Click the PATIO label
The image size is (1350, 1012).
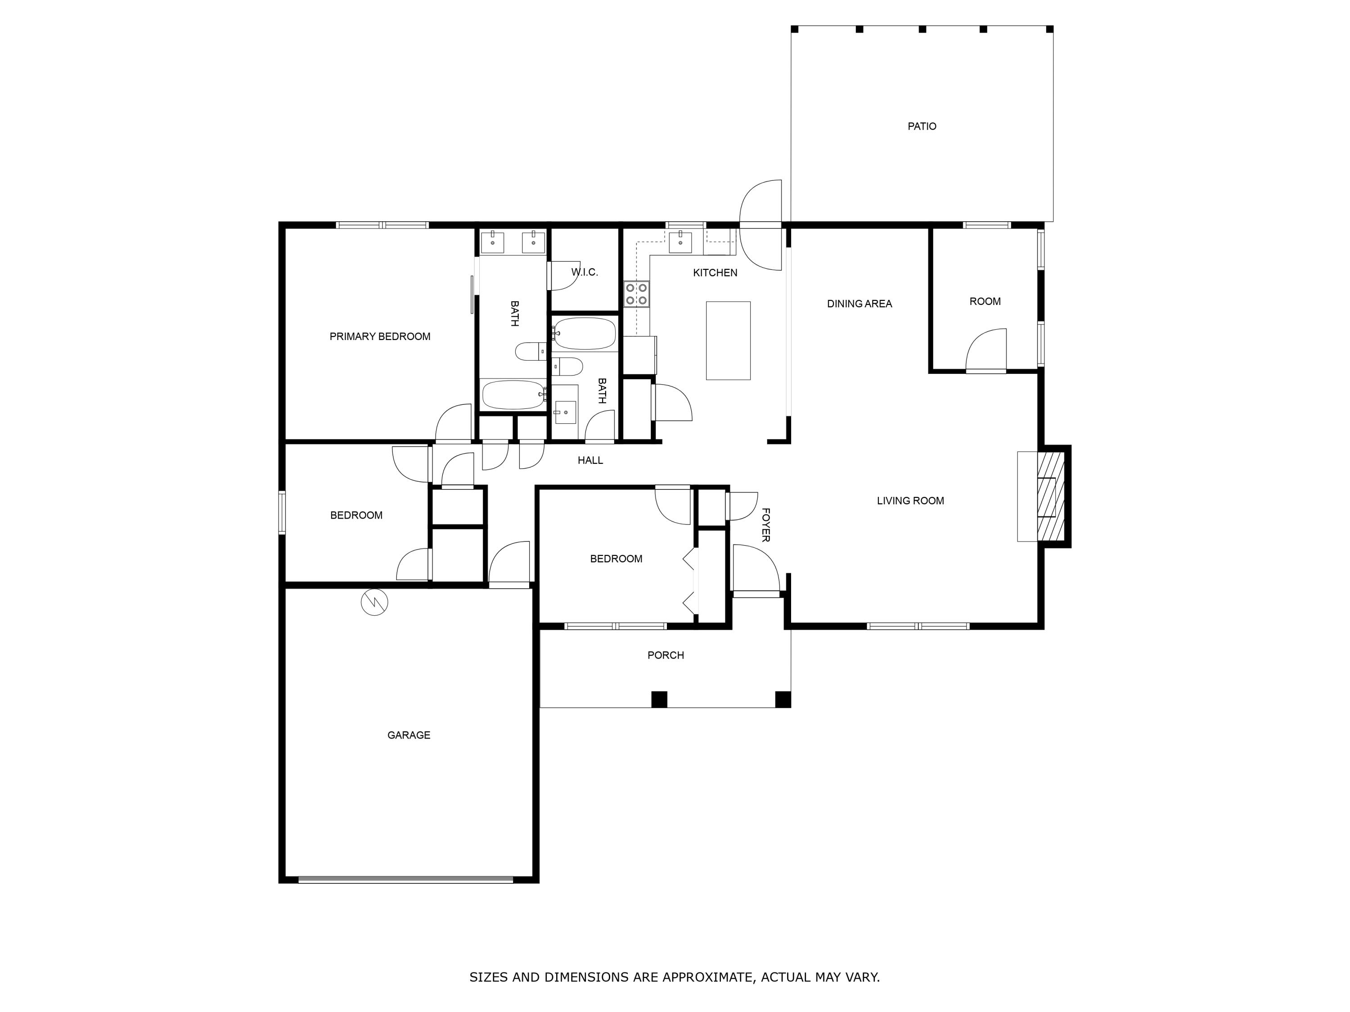pos(922,126)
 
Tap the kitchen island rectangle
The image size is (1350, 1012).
pos(728,340)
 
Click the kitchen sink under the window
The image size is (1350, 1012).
pos(680,242)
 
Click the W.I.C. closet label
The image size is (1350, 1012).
pos(584,272)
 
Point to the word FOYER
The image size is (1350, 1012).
pos(765,524)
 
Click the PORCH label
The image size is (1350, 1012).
pos(665,655)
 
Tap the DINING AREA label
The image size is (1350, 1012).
pos(859,304)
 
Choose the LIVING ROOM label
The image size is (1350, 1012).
pos(910,501)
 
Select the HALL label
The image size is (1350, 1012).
pos(590,461)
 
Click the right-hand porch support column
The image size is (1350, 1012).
pos(783,699)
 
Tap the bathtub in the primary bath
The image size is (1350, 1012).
pos(513,394)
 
